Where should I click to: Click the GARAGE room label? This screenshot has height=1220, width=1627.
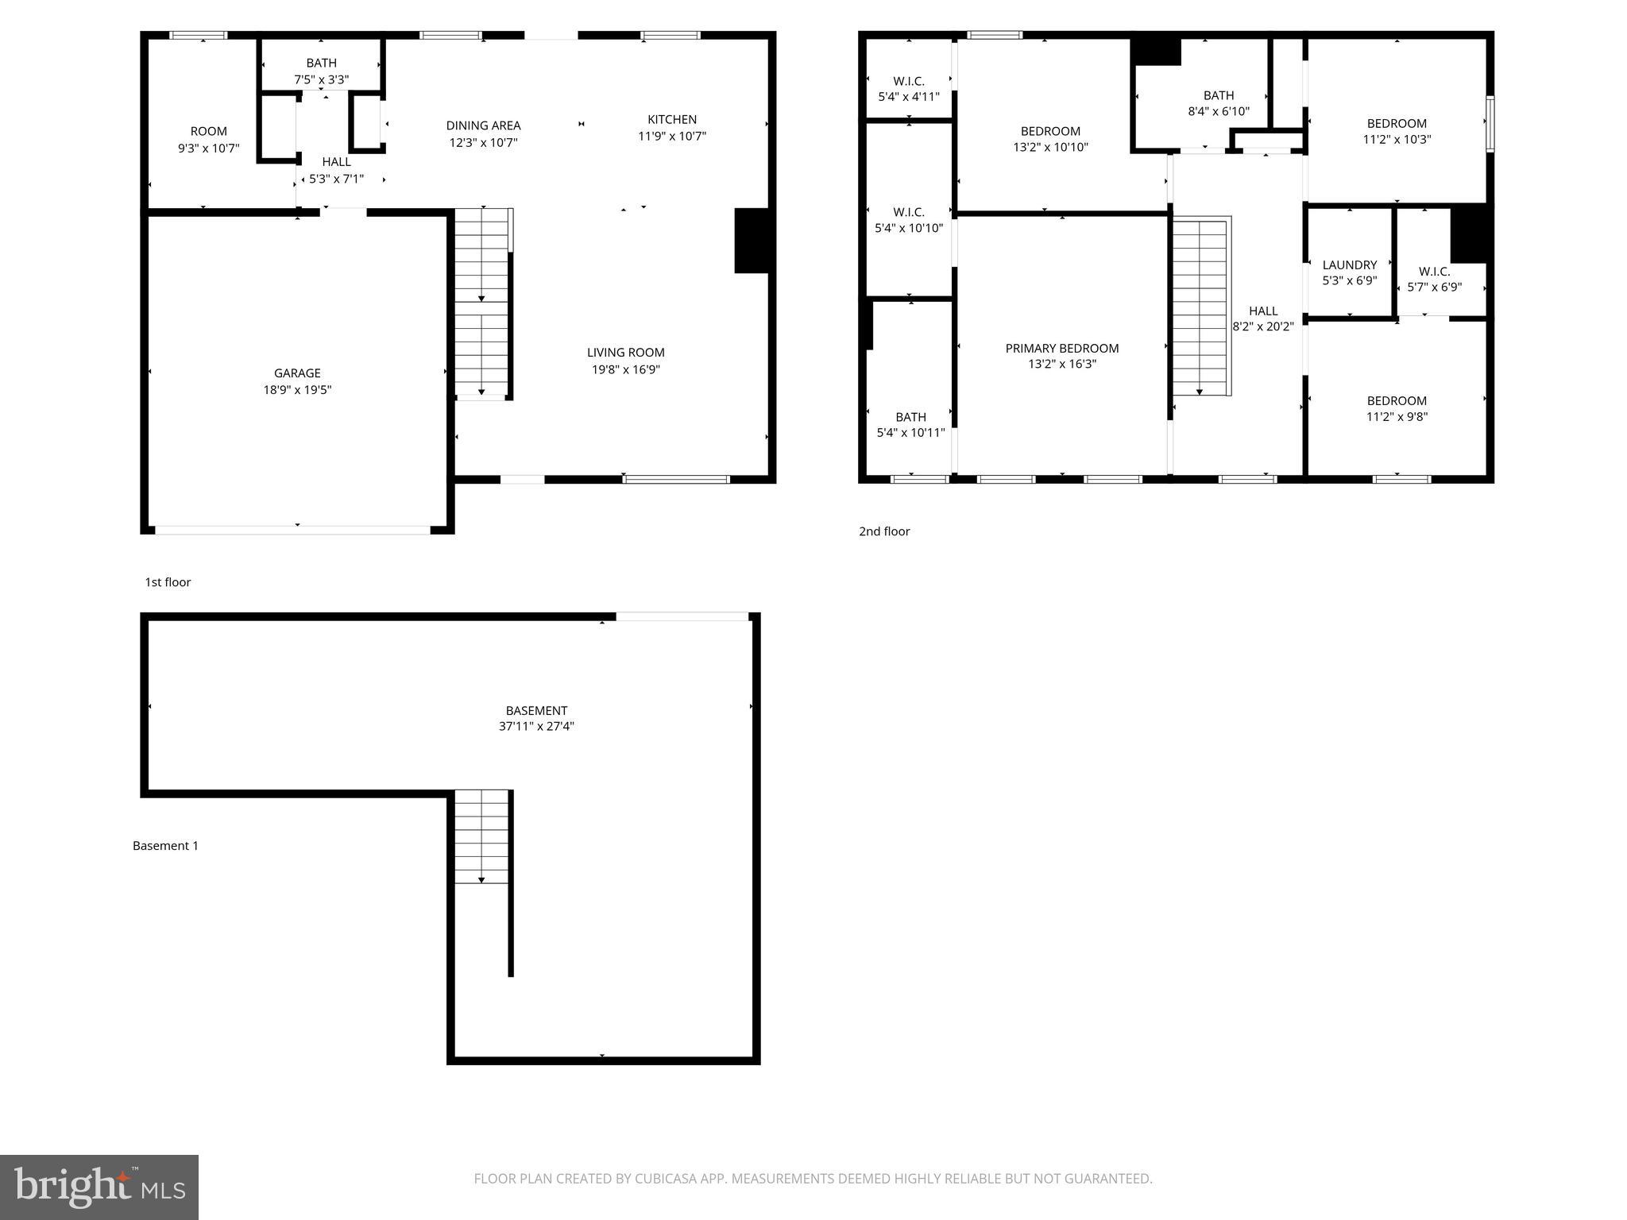point(297,373)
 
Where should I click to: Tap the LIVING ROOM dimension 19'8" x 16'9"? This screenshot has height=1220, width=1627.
point(626,369)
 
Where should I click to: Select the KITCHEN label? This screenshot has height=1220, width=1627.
point(672,120)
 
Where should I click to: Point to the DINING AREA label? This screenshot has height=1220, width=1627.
point(483,125)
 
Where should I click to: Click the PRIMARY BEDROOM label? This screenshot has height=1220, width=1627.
point(1061,349)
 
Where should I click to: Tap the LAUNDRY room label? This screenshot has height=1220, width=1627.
point(1349,265)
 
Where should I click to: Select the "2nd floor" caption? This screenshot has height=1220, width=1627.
point(883,531)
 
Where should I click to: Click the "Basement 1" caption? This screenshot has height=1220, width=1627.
point(165,846)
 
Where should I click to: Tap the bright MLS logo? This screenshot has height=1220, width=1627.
point(99,1187)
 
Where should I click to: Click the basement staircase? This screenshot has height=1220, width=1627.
point(481,836)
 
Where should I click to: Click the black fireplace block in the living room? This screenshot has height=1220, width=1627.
point(752,241)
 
